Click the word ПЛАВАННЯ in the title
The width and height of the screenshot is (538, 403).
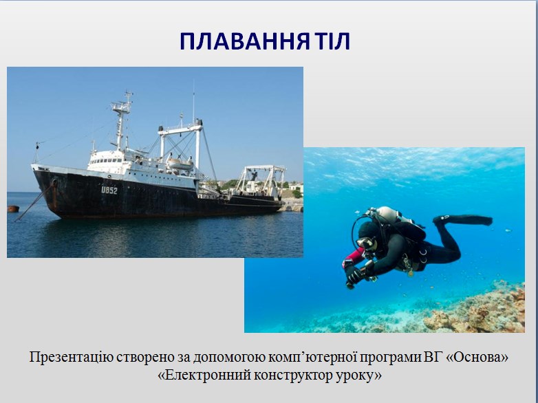(244, 41)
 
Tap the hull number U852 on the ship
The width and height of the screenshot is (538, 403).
(109, 190)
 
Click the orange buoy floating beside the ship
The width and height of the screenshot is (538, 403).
(13, 208)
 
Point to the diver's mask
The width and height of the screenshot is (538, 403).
(367, 243)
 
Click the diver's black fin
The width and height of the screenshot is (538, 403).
(462, 220)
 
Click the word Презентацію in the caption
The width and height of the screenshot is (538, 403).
(71, 358)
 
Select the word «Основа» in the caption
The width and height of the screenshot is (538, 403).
(477, 357)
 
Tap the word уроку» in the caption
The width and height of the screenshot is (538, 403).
(358, 376)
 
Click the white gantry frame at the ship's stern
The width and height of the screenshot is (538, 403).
(261, 180)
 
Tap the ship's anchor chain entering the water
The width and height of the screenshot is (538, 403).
(34, 201)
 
